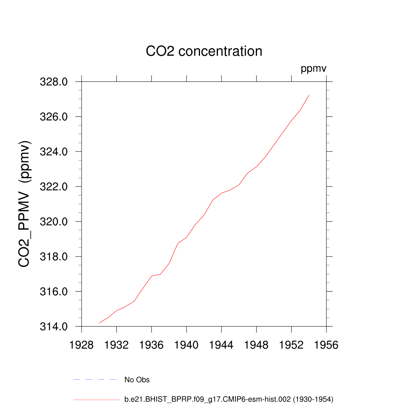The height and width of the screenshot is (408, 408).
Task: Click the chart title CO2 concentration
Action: coord(204,51)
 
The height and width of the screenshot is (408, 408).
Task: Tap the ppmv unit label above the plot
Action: coord(314,69)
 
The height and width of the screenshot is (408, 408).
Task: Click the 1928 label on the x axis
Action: coord(82,345)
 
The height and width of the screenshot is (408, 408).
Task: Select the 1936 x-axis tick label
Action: coord(151,345)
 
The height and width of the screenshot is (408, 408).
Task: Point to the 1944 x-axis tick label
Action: coord(222,345)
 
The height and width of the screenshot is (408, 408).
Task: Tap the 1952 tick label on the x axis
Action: coord(291,345)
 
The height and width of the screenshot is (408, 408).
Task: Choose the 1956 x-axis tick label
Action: coord(326,345)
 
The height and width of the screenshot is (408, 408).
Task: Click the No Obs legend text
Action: coord(137,380)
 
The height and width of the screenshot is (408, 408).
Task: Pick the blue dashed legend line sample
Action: coord(95,380)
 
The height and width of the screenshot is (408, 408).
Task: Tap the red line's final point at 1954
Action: coord(309,95)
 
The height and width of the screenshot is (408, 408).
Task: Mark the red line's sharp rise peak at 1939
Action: coord(178,243)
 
